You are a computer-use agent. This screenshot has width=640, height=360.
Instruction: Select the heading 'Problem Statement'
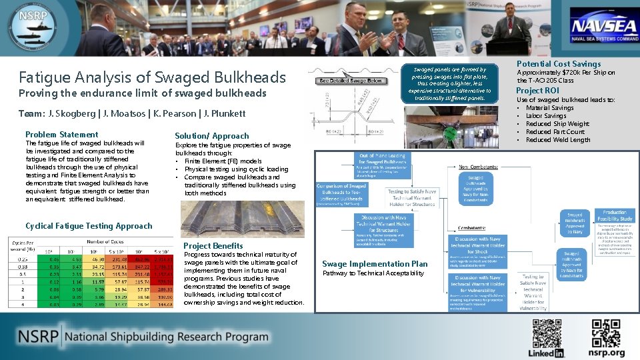61,135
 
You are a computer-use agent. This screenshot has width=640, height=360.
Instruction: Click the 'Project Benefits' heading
213,245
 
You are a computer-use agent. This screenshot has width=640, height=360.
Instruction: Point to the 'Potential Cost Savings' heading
558,64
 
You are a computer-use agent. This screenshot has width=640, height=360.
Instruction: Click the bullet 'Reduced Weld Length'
557,140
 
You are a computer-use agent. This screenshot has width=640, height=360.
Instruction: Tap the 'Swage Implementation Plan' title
375,264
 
